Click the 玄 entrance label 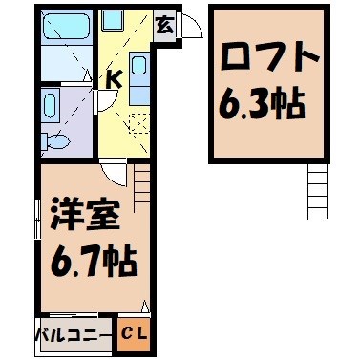click(x=164, y=25)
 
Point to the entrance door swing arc click(x=191, y=26)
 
